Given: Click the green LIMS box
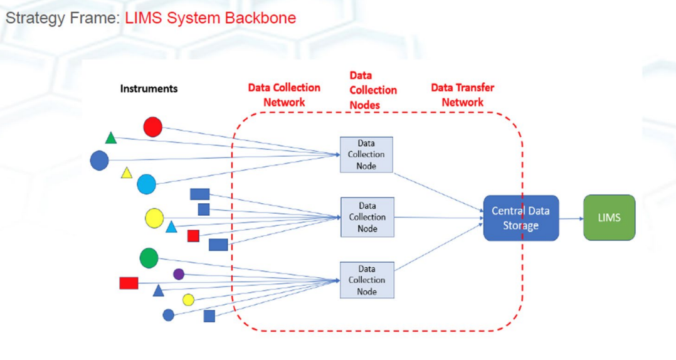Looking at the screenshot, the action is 609,218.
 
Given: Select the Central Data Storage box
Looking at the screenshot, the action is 520,218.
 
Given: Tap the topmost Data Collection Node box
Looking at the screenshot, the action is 366,155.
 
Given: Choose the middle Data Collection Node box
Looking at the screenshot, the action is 367,217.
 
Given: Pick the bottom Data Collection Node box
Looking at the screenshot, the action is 367,280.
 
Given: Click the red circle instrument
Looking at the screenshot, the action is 152,127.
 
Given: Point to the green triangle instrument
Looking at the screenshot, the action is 111,139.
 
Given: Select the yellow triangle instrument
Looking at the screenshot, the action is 126,173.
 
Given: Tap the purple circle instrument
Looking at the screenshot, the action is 179,274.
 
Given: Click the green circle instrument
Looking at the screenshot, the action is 149,258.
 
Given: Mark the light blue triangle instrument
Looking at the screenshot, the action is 171,227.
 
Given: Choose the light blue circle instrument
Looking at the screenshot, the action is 147,184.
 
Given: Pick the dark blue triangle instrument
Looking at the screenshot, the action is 158,290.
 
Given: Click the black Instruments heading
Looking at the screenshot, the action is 149,88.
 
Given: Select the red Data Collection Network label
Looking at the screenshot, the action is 284,95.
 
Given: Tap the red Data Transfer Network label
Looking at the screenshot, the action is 463,95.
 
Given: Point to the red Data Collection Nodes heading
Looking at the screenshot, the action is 373,90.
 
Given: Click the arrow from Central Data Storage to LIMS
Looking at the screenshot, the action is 571,219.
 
